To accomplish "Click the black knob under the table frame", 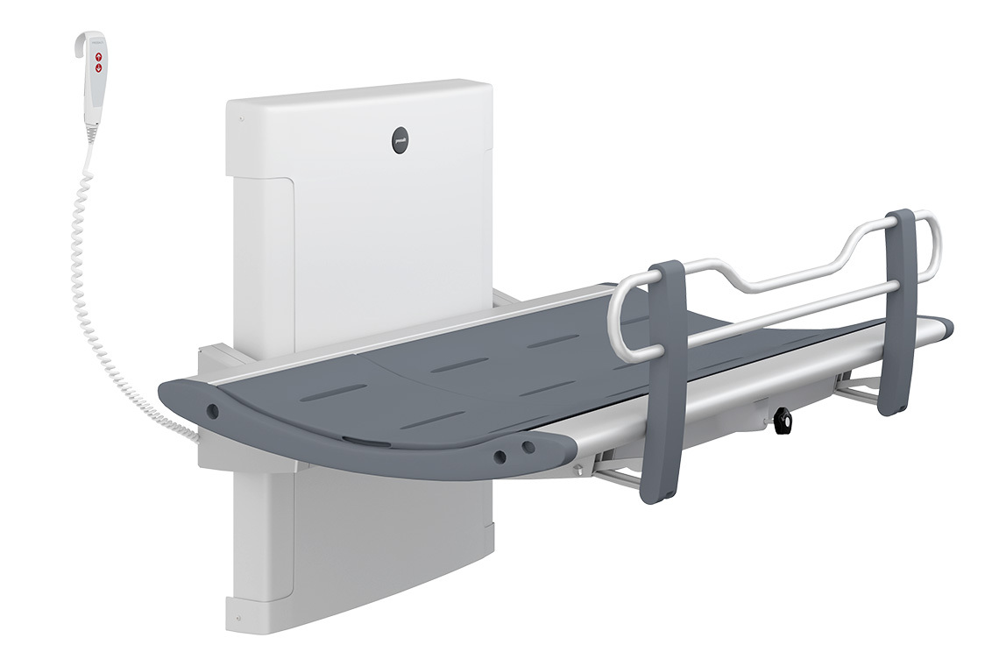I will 783,422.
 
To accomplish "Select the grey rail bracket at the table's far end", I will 900,311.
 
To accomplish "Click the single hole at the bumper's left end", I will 211,408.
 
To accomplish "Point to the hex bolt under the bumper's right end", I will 577,471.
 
